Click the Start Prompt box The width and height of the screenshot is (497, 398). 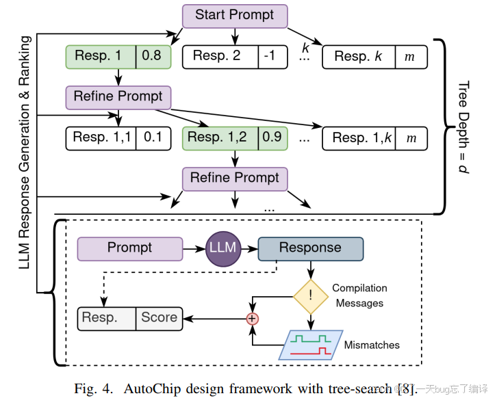click(x=234, y=15)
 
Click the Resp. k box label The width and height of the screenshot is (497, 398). click(x=358, y=57)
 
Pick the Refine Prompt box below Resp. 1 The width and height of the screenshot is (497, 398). click(x=118, y=96)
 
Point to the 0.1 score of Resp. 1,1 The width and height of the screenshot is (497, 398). click(x=153, y=137)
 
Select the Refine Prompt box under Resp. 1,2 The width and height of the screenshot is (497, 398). click(x=234, y=178)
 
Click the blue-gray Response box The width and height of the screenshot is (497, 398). click(x=310, y=248)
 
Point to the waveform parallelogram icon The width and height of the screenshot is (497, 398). click(x=312, y=344)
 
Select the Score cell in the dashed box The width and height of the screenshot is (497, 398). click(x=160, y=317)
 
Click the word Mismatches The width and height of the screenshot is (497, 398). click(x=372, y=345)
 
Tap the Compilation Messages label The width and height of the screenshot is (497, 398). click(x=360, y=295)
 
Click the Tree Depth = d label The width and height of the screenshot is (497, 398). click(x=463, y=127)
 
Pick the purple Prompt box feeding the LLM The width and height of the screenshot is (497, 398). click(x=129, y=248)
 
